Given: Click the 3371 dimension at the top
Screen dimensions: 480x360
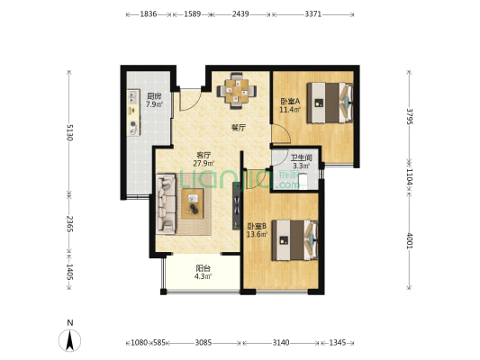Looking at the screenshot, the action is (x=312, y=14).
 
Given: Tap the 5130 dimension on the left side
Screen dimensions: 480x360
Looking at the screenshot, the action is (x=69, y=132).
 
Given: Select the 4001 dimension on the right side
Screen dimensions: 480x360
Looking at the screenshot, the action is (x=409, y=241).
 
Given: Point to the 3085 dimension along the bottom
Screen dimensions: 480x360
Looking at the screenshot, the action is (x=204, y=343).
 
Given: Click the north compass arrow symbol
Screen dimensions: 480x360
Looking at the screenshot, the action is (x=70, y=340).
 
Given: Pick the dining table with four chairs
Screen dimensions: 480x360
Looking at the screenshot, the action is (x=236, y=91).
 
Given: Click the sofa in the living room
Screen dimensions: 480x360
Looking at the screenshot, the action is (x=166, y=204).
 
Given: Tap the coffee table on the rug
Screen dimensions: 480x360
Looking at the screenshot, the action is (x=193, y=203).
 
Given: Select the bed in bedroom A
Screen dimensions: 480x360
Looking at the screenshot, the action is (x=330, y=103).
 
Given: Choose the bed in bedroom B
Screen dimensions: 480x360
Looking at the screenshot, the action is (x=294, y=240).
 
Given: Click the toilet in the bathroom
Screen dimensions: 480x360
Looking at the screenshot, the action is (x=303, y=181).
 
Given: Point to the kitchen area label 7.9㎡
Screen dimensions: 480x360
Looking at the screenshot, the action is (x=154, y=104).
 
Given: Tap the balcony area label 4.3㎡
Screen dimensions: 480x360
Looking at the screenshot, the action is (x=204, y=277).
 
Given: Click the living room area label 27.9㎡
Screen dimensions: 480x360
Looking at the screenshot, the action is (x=204, y=163).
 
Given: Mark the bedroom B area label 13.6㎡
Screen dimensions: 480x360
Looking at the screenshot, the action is (x=258, y=235).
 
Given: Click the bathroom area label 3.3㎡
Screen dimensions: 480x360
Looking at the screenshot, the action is (x=302, y=166).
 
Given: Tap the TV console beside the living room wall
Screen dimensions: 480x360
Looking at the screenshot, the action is (x=237, y=206).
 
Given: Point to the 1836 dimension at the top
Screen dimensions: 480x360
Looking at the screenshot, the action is (x=149, y=14).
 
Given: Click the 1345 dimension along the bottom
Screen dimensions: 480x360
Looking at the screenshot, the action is (x=338, y=343).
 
